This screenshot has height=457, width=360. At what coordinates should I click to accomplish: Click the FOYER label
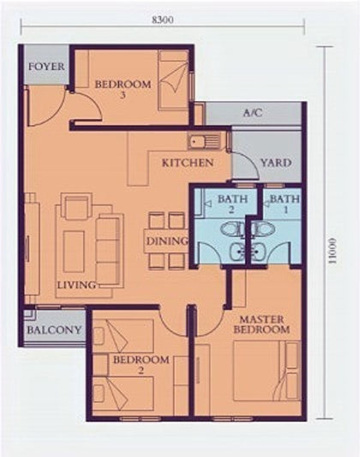click(46, 67)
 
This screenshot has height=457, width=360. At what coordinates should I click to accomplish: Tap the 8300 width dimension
click(163, 20)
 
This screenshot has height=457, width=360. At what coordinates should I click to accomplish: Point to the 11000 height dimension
click(332, 251)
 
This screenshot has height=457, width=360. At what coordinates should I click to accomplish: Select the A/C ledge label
click(253, 112)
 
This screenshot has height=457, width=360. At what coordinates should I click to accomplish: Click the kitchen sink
click(204, 141)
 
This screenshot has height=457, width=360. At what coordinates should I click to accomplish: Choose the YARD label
click(276, 163)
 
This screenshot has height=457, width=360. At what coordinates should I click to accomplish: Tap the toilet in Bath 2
click(232, 228)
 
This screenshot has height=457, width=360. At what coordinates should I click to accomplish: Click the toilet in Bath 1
click(264, 228)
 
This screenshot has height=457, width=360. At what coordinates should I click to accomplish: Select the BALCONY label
click(54, 330)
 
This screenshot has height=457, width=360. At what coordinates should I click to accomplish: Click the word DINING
click(166, 241)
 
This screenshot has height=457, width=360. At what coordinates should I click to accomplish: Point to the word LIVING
click(76, 285)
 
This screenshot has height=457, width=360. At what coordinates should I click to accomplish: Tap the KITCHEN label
click(188, 163)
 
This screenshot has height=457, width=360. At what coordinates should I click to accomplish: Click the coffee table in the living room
click(74, 251)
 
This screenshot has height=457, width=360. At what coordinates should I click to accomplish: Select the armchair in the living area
click(76, 207)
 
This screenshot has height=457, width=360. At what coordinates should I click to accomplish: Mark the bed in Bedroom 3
click(173, 80)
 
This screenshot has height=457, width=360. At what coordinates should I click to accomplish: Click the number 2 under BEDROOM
click(141, 370)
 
